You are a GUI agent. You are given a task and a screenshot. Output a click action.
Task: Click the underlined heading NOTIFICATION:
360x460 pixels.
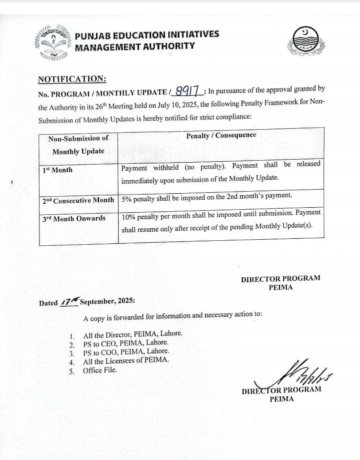[72, 79]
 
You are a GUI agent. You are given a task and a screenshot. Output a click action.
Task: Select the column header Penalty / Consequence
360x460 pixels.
[221, 136]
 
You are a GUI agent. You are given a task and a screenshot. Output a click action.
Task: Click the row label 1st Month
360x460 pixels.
[57, 170]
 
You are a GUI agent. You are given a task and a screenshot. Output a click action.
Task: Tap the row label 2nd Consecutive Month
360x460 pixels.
[78, 200]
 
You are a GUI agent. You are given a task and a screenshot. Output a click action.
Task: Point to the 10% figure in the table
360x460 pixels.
[129, 213]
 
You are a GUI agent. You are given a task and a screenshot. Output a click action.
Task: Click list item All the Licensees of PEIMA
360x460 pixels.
[126, 360]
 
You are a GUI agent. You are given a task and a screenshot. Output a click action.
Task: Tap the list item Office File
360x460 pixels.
[100, 370]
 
